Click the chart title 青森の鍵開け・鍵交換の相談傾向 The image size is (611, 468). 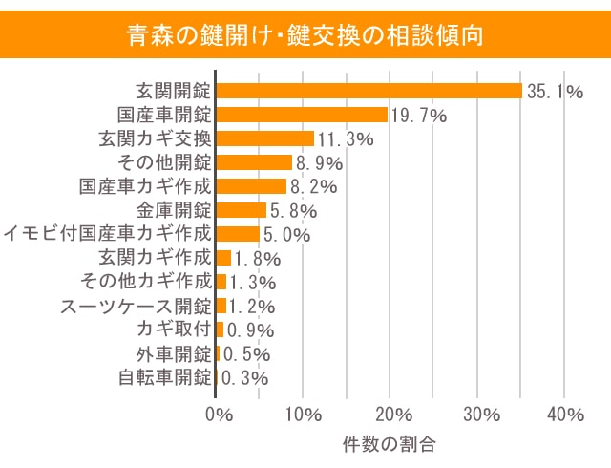(305, 35)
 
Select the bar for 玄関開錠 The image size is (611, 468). (369, 91)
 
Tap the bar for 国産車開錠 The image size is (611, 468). (302, 115)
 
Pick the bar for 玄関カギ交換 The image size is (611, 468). (265, 138)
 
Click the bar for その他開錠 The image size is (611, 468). (254, 162)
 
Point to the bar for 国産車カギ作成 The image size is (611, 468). (251, 186)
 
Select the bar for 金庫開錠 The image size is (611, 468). (241, 210)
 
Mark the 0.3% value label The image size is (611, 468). (245, 378)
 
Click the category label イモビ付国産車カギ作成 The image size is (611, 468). (107, 234)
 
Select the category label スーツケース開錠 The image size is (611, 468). (136, 306)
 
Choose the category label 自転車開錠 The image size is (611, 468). (164, 377)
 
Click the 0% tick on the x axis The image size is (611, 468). (219, 415)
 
